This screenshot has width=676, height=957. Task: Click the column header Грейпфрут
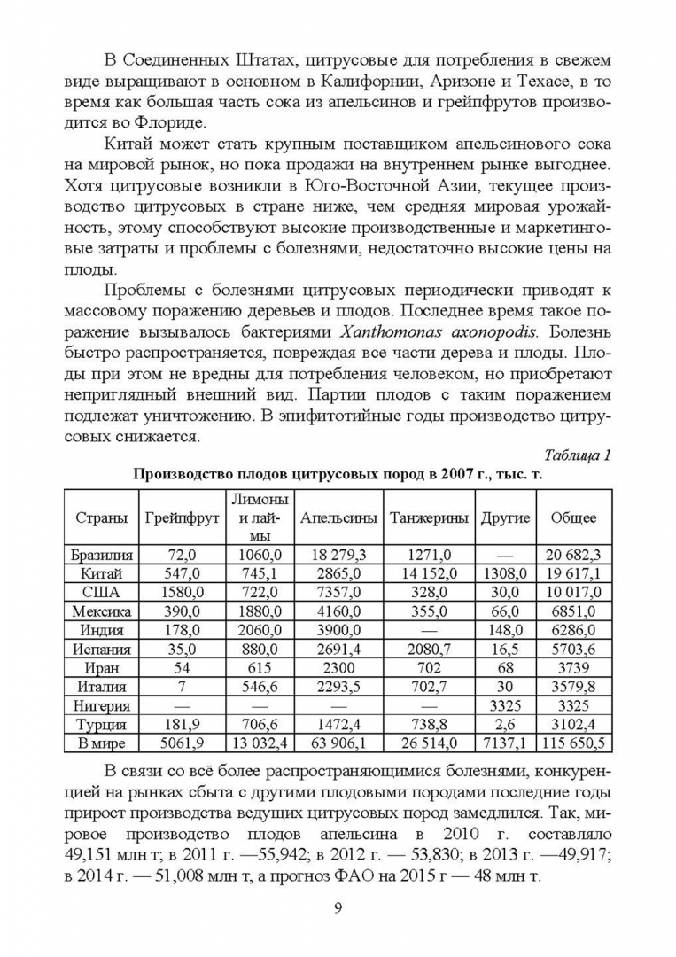[x=182, y=517]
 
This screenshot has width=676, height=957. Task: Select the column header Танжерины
[x=429, y=517]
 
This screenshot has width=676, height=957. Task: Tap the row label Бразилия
[x=100, y=556]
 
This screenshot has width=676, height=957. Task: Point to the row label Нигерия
[x=100, y=706]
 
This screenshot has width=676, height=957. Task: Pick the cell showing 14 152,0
[x=429, y=574]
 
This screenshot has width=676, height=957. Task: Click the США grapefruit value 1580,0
[x=182, y=593]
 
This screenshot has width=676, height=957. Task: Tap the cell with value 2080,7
[x=429, y=650]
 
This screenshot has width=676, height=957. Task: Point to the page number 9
[x=338, y=908]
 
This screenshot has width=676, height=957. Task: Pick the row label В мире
[x=100, y=743]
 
